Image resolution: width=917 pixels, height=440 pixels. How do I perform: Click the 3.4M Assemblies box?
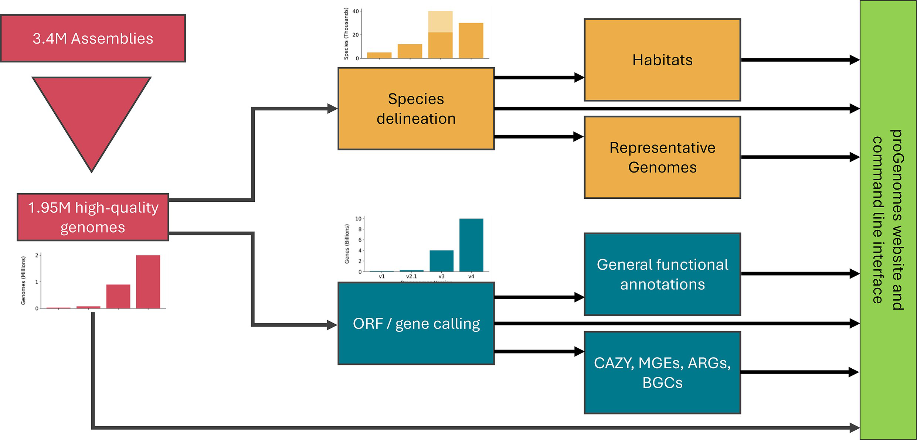pos(93,38)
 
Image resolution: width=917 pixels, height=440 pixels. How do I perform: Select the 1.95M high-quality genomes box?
pos(93,217)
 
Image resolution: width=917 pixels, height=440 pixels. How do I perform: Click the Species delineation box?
pos(416,109)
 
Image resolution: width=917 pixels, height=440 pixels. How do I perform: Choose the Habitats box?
pos(662,60)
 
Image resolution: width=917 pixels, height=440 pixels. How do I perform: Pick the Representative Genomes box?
pos(662,157)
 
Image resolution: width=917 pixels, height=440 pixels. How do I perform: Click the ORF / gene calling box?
pos(416,324)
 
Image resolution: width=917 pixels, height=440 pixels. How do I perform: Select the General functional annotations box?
pos(662,274)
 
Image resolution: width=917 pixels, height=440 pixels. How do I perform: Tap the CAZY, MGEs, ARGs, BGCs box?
pos(662,372)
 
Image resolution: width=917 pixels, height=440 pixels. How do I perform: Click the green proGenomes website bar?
pos(888,220)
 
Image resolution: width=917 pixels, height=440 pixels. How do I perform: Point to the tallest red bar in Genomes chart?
pos(148,282)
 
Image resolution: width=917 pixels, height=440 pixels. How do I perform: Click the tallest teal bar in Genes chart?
pos(471,245)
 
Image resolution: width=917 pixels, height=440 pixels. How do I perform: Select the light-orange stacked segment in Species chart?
pos(440,21)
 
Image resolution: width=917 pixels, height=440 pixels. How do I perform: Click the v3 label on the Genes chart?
pos(441,276)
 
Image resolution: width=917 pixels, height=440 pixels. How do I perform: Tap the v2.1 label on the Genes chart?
pos(411,276)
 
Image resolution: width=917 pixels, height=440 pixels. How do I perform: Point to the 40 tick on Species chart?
pos(356,11)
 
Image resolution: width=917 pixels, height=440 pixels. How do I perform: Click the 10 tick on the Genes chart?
pos(358,219)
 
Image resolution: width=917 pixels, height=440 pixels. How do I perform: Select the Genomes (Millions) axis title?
pos(23,281)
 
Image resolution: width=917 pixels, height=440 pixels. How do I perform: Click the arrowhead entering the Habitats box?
pos(579,78)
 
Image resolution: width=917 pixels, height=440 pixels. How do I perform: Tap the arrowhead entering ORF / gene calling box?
pos(332,325)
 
